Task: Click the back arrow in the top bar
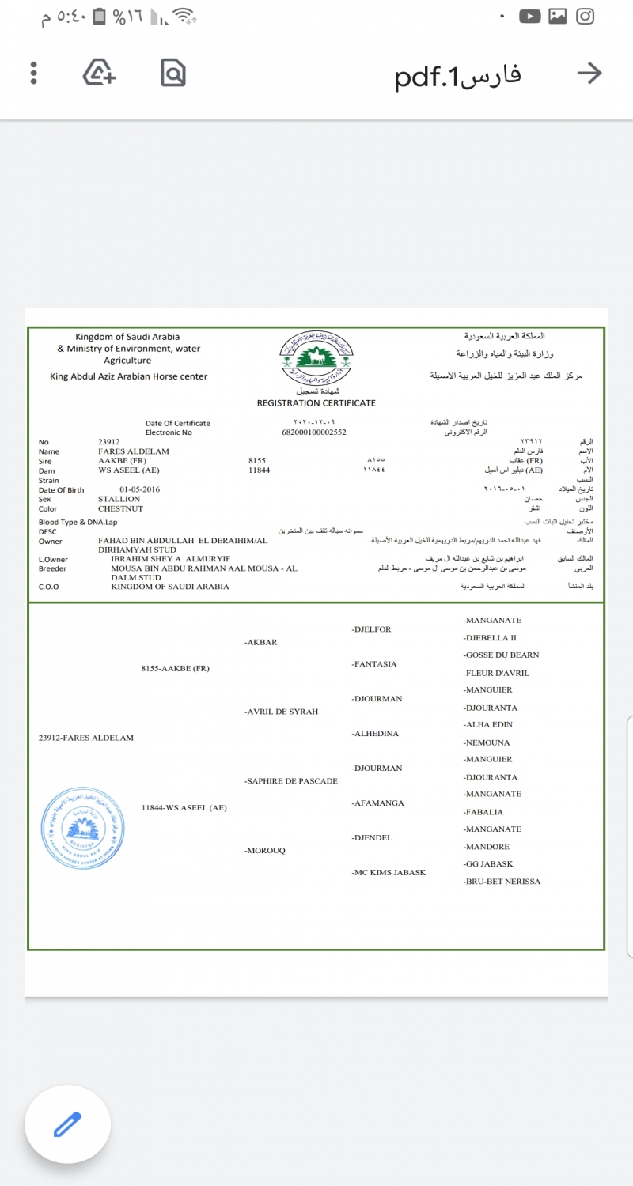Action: pyautogui.click(x=589, y=74)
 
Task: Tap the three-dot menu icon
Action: pyautogui.click(x=33, y=74)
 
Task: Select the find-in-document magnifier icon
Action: pyautogui.click(x=172, y=74)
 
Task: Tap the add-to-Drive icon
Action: pyautogui.click(x=100, y=74)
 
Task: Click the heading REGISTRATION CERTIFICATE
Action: pyautogui.click(x=316, y=403)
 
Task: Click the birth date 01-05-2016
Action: pyautogui.click(x=140, y=489)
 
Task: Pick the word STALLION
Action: pyautogui.click(x=119, y=499)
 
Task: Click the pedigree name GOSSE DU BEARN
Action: pyautogui.click(x=502, y=655)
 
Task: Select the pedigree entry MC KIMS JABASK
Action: pyautogui.click(x=389, y=872)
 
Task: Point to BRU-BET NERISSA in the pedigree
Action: pyautogui.click(x=502, y=881)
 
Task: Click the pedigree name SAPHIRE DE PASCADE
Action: pyautogui.click(x=291, y=781)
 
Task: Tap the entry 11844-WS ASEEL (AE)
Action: pyautogui.click(x=184, y=807)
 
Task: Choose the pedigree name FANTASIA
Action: pyautogui.click(x=375, y=664)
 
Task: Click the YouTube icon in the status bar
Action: pyautogui.click(x=530, y=16)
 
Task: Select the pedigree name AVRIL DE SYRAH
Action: pyautogui.click(x=282, y=712)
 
